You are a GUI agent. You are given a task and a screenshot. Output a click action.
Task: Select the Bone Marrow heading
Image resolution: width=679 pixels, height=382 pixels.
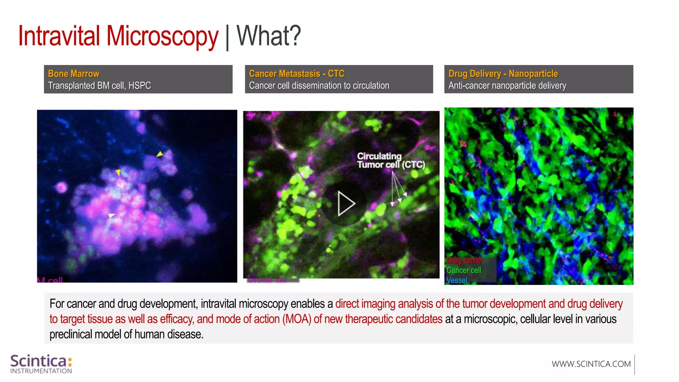point(74,74)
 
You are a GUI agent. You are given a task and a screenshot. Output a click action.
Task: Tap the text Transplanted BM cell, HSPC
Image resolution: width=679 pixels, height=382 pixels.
point(99,86)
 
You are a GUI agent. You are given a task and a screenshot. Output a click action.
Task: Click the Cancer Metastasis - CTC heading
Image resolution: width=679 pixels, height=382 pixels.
point(296,74)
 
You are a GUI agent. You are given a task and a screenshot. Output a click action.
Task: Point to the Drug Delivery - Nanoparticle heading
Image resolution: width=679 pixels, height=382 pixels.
point(503,74)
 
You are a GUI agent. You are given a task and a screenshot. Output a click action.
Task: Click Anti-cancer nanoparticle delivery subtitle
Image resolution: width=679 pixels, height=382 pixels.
point(507,86)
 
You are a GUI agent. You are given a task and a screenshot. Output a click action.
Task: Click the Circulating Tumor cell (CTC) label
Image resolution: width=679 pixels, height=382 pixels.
point(391,160)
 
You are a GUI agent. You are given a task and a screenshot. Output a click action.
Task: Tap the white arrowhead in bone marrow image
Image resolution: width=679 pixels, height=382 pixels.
point(111,216)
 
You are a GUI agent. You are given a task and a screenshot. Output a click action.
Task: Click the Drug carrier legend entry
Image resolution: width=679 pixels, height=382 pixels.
point(464,260)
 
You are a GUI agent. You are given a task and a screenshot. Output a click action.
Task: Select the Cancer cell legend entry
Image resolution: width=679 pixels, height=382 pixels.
point(463,270)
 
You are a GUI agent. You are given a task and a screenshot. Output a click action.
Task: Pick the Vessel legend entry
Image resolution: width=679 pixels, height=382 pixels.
point(457,281)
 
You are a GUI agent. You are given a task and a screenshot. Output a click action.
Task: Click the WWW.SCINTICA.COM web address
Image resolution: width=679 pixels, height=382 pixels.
point(591,364)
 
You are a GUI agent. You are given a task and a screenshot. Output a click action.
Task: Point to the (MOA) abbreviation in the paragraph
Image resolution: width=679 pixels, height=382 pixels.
point(297,319)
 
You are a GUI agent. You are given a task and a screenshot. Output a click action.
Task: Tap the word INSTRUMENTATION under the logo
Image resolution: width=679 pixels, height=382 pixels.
point(41,371)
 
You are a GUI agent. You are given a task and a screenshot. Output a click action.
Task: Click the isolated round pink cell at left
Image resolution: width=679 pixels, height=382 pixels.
point(61,188)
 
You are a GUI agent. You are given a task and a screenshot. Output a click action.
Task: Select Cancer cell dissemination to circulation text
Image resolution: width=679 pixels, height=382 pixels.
point(319,86)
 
